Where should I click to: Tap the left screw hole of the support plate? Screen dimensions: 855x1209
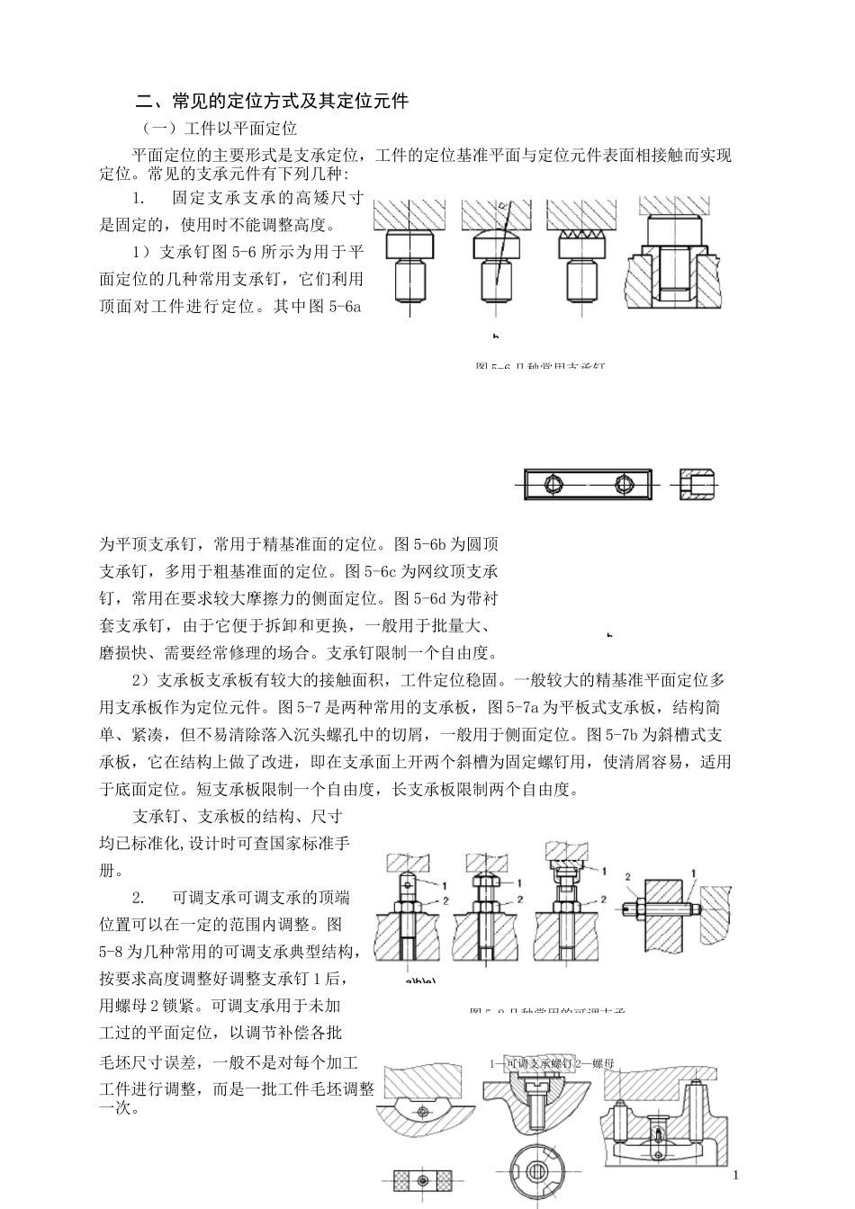point(553,484)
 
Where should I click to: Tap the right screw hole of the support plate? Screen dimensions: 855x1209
point(624,484)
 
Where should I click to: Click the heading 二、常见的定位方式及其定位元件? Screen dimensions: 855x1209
point(271,101)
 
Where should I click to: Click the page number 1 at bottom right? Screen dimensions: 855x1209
point(735,1175)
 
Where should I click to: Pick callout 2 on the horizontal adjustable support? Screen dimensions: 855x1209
point(628,875)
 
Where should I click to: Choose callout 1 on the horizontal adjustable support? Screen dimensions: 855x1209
point(694,873)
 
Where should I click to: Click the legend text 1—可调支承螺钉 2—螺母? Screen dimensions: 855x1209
point(552,1064)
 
